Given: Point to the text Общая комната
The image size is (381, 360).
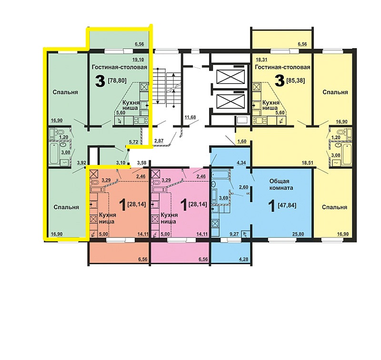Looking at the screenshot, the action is (281, 185).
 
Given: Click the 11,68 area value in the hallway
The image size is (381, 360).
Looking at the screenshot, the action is (190, 117).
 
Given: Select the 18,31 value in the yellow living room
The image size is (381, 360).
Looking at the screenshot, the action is (261, 59).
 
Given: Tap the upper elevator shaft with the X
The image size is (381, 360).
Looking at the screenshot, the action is (231, 77).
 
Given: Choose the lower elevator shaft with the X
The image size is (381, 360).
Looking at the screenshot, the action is (231, 101).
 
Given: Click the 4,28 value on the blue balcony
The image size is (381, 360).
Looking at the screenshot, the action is (243, 259).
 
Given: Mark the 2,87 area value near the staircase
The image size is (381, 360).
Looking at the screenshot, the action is (160, 140).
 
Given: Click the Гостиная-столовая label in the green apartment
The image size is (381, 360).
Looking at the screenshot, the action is (120, 67).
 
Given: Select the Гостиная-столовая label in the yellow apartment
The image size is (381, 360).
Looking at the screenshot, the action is (282, 67).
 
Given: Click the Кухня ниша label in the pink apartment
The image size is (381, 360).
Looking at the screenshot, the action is (169, 218).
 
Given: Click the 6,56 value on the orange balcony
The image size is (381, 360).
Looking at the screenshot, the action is (143, 259).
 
